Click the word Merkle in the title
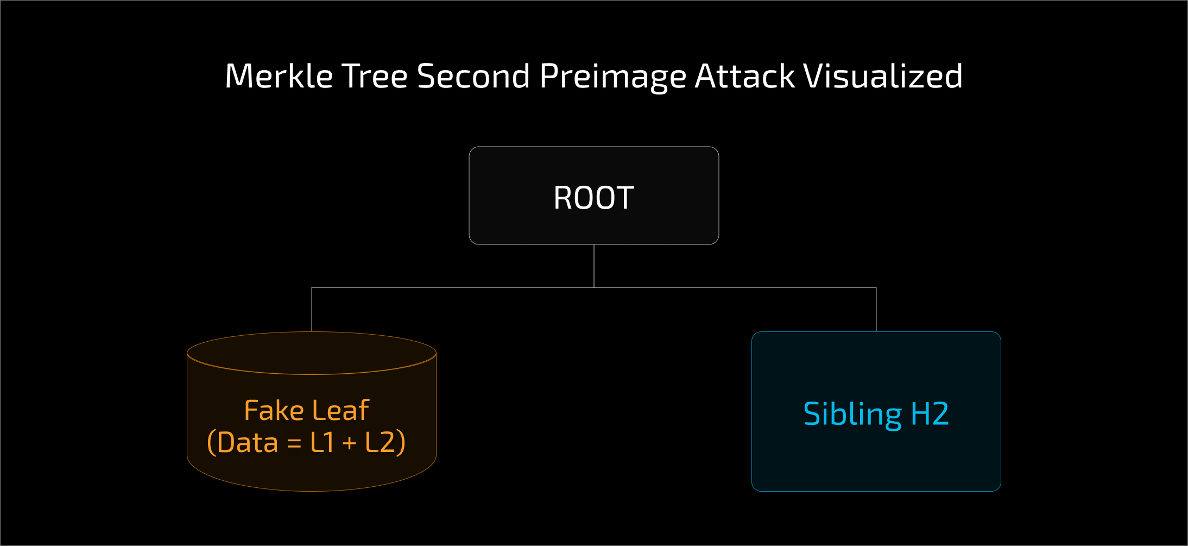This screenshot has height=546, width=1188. (x=278, y=76)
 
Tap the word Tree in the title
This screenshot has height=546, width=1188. (x=374, y=76)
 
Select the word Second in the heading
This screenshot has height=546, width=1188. (x=473, y=76)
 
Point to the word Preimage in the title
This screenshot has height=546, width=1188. (x=612, y=77)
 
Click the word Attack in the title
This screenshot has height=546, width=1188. (x=745, y=76)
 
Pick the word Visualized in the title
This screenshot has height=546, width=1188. (x=883, y=76)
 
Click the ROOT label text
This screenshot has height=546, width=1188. (x=593, y=198)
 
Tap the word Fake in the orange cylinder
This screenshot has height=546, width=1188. (x=274, y=410)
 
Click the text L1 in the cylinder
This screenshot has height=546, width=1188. (x=322, y=442)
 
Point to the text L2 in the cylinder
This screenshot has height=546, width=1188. (x=380, y=442)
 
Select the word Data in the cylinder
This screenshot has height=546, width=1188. (x=248, y=442)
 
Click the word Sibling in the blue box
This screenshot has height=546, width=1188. (x=852, y=415)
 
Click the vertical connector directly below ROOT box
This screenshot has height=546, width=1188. (x=594, y=266)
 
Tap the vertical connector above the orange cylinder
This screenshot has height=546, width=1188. (x=312, y=309)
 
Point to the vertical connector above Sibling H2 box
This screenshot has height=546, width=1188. (x=876, y=309)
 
